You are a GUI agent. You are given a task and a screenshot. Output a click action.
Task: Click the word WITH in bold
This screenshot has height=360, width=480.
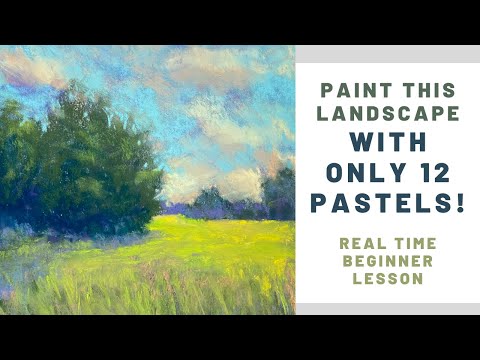pos(388,145)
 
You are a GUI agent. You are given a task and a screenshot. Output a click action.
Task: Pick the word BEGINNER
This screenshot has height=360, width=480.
pos(388,261)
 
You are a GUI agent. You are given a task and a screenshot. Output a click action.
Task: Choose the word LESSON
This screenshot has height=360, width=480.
pos(388,280)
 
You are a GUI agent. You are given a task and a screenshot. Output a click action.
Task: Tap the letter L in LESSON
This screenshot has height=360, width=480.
pos(358,280)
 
